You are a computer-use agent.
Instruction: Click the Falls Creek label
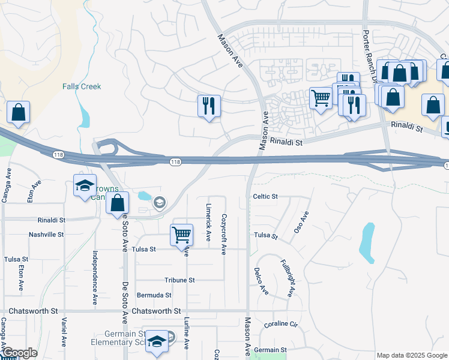tap(82, 86)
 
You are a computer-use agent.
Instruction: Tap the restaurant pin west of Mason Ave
tap(209, 106)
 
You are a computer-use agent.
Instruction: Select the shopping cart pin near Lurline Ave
tap(181, 235)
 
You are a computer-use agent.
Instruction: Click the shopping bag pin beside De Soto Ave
tap(117, 202)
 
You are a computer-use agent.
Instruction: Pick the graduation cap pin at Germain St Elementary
tap(157, 342)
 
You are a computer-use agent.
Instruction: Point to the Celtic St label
tap(265, 196)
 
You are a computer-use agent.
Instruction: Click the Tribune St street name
tap(179, 280)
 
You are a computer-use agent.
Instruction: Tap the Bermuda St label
tap(154, 295)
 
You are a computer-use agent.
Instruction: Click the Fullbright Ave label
tap(288, 278)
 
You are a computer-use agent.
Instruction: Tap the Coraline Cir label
tap(281, 325)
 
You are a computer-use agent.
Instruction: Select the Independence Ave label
tap(95, 278)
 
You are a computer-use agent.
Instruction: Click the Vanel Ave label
tap(63, 332)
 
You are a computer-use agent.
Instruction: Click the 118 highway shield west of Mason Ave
tap(175, 162)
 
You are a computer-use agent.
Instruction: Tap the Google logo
tap(19, 353)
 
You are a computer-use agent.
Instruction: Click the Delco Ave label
tap(261, 281)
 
